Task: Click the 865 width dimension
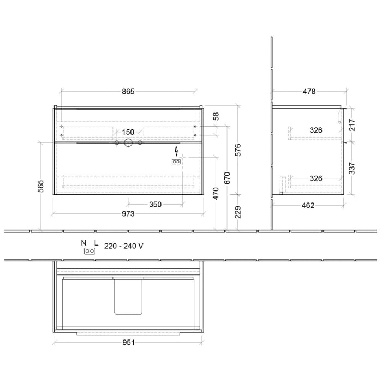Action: click(x=128, y=92)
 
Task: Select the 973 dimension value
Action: click(x=128, y=213)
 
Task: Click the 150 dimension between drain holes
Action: click(x=128, y=132)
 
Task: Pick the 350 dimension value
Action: click(x=156, y=204)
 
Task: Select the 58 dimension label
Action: click(x=216, y=116)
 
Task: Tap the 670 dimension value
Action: click(x=228, y=178)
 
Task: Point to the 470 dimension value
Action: click(x=216, y=194)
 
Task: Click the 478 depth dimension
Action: click(x=309, y=92)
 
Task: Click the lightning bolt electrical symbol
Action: click(x=176, y=151)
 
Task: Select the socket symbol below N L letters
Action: click(x=89, y=251)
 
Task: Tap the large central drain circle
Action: click(x=128, y=143)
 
